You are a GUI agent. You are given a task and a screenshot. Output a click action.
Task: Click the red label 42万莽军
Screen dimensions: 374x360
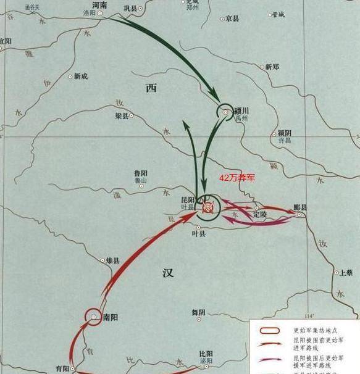tap(238, 177)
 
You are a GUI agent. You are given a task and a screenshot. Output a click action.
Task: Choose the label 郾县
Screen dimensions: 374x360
tap(300, 207)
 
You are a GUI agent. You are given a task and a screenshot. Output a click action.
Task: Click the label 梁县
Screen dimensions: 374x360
tap(122, 115)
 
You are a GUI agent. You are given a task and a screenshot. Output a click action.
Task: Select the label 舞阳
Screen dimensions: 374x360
tap(198, 312)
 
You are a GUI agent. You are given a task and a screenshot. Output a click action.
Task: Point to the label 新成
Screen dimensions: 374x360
tap(81, 77)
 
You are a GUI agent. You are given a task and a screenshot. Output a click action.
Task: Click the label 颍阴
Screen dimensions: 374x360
tap(284, 133)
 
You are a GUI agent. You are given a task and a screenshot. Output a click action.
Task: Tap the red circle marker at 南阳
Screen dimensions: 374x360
tap(93, 317)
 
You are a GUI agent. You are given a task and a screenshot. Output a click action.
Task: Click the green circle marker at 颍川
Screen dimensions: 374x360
tap(224, 112)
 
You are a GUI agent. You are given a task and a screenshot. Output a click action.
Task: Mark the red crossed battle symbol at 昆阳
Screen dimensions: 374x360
tap(208, 209)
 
